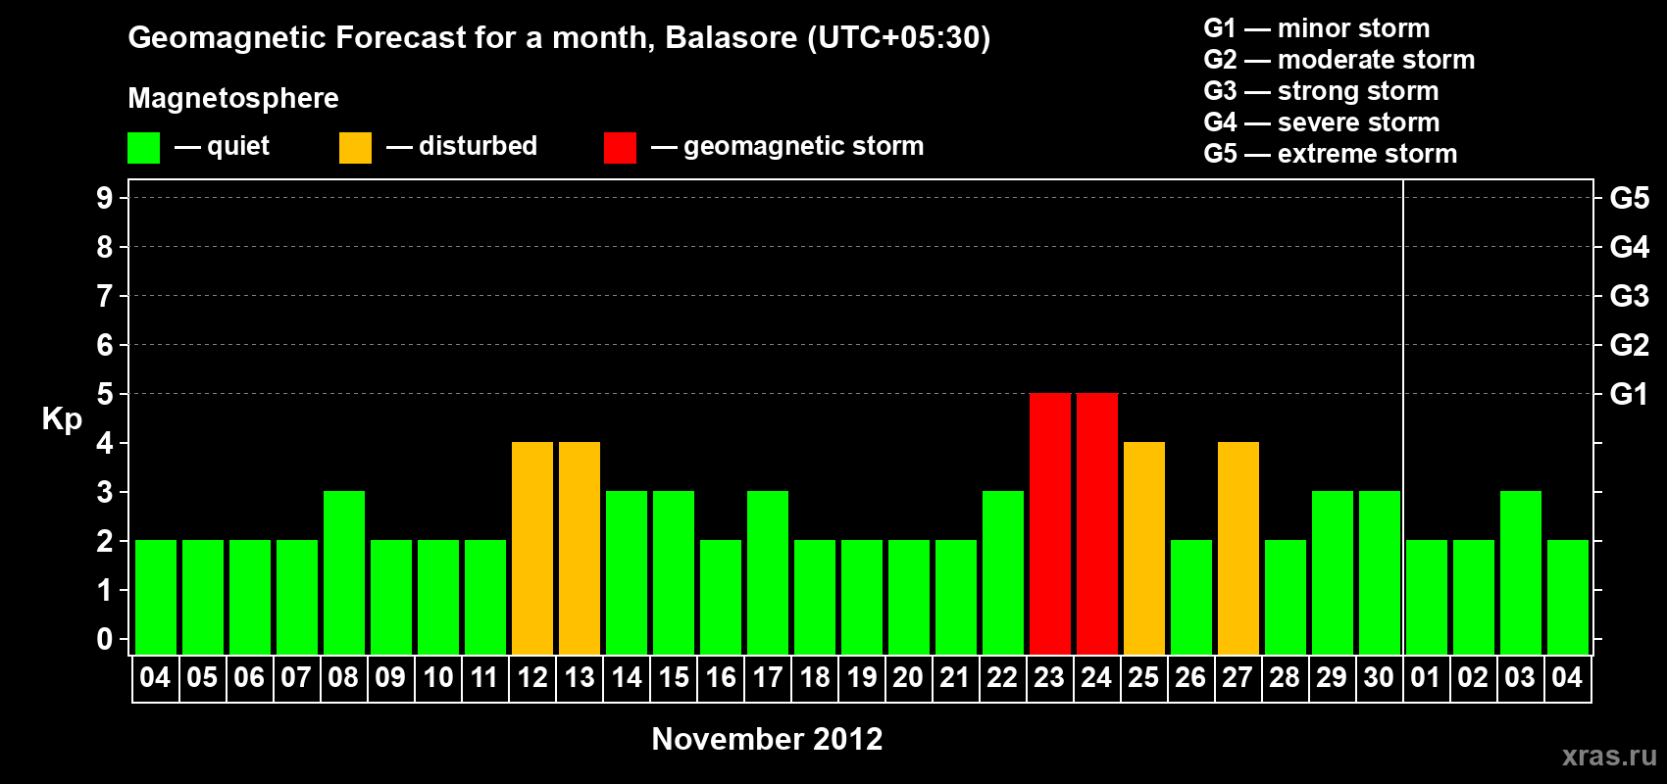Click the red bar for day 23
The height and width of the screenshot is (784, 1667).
point(1050,523)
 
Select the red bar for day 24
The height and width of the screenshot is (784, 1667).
point(1097,523)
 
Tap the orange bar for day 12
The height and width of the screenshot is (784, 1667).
point(532,548)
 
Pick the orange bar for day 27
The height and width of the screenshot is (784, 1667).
point(1238,548)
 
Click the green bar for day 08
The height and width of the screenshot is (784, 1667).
point(344,572)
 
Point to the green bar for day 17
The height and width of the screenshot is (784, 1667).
point(767,572)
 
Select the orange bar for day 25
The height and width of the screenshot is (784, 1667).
point(1143,548)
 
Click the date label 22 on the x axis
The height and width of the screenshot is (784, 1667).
point(1002,677)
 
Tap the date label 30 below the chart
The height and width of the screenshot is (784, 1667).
point(1379,677)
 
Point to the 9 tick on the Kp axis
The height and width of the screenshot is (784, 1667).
point(104,198)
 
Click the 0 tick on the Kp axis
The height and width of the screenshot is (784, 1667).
point(104,639)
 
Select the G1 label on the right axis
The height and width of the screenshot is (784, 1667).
point(1629,394)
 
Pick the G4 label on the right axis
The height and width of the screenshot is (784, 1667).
point(1629,247)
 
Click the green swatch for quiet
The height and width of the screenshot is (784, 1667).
point(143,147)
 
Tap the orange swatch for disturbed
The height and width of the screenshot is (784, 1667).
point(355,147)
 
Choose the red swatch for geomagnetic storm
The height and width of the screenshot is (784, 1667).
point(621,147)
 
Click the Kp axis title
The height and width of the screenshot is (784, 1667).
point(62,419)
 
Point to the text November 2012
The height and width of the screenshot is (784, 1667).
point(767,739)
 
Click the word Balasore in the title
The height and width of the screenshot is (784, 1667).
point(731,37)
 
